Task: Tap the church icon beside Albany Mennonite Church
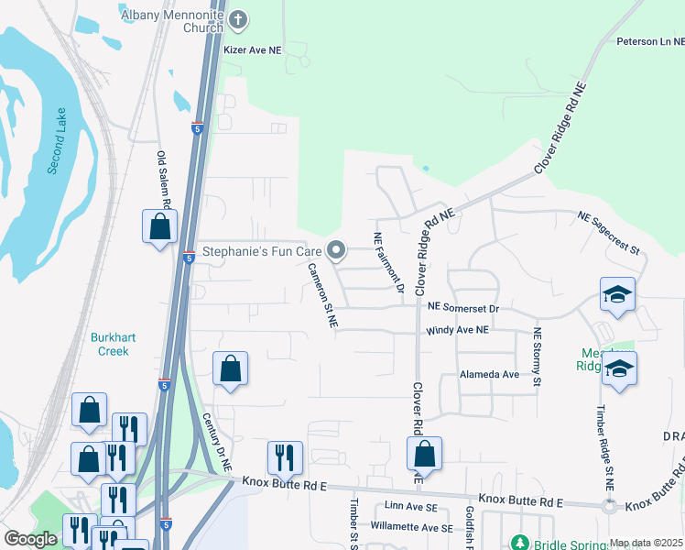(237, 19)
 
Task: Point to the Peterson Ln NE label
(649, 41)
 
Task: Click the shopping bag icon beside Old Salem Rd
(159, 226)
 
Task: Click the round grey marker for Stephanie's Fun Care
(336, 250)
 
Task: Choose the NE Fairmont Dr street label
(388, 262)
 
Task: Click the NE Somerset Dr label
(462, 310)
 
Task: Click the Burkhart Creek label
(114, 344)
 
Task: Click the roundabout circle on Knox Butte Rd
(608, 506)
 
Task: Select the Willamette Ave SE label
(411, 528)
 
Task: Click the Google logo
(30, 539)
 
